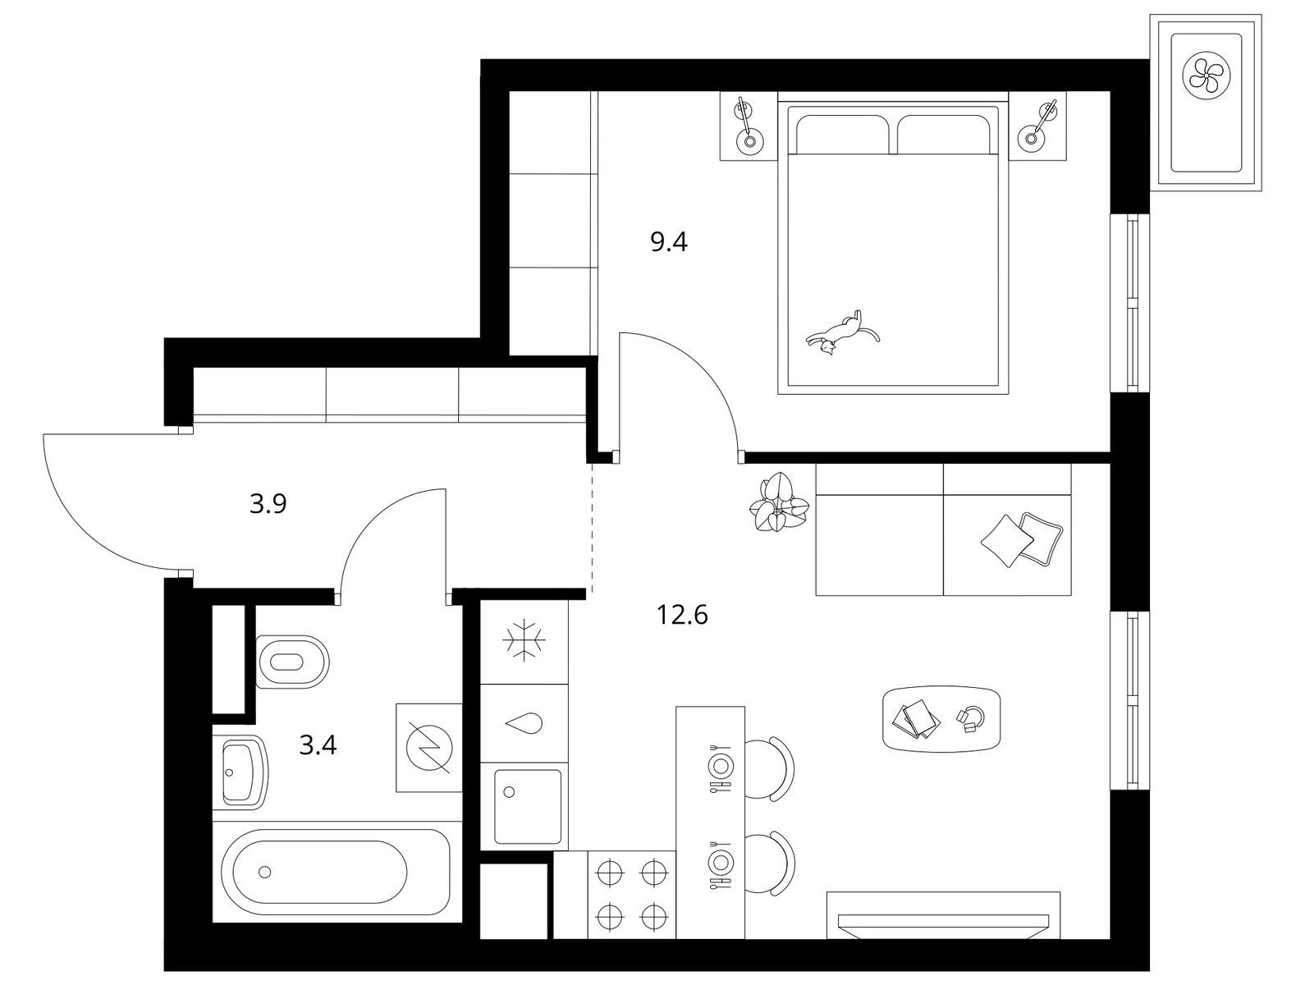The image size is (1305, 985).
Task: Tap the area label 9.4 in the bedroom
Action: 669,242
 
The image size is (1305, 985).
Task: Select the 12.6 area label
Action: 682,615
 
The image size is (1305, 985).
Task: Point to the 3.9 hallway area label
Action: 268,504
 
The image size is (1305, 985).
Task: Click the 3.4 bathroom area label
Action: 318,744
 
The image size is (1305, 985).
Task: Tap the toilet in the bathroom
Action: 292,662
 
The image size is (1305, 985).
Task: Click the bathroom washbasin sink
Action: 240,772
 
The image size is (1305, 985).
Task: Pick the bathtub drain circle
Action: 265,872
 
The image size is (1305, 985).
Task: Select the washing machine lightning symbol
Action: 429,747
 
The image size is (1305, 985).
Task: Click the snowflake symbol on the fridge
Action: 524,640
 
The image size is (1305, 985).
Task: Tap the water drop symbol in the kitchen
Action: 524,722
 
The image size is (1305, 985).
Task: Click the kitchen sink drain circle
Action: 509,792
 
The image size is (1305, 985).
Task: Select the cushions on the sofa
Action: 1021,539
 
